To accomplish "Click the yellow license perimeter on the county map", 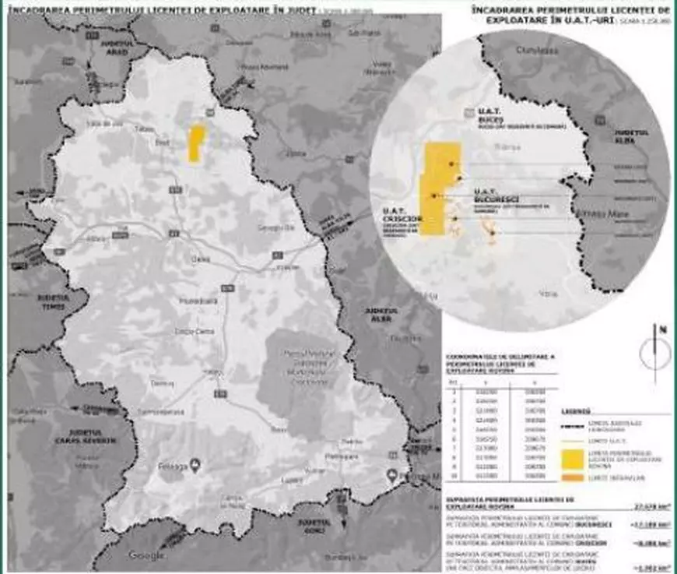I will [197, 143].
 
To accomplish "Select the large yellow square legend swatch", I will [573, 458].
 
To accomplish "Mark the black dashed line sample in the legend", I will [573, 427].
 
